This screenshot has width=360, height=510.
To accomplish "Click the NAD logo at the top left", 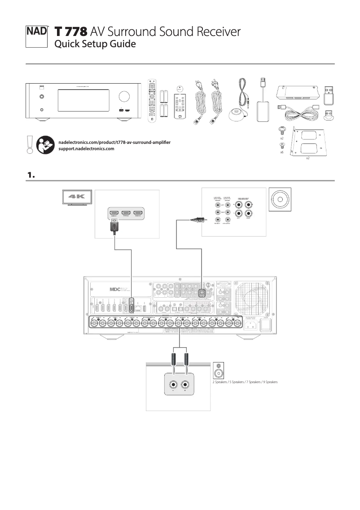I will pos(36,34).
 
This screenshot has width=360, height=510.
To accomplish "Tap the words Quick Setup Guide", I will pos(95,44).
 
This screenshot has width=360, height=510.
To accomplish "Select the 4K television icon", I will pos(77,198).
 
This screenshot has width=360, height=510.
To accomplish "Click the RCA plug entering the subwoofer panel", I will pos(197,220).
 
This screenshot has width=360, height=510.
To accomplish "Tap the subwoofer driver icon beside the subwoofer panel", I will pos(280,199).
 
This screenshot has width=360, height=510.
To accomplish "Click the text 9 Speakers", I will pos(268,382).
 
